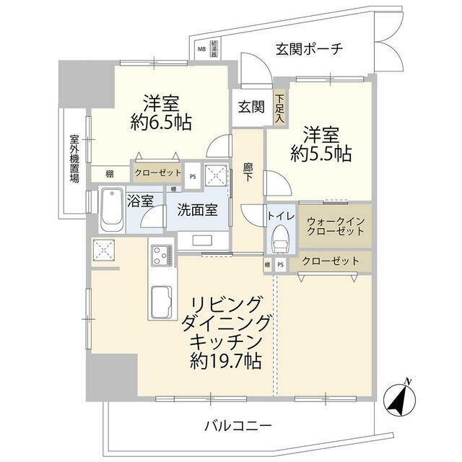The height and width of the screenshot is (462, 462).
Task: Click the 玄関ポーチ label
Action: [308, 49]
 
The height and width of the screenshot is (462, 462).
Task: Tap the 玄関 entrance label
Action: [252, 107]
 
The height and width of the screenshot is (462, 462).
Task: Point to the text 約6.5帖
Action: [160, 123]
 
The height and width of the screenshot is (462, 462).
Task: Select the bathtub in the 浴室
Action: [110, 209]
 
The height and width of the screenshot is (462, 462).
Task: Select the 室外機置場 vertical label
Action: [74, 157]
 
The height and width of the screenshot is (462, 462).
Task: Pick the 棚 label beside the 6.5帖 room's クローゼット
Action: [109, 174]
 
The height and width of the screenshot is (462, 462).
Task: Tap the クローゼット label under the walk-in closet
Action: [330, 261]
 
